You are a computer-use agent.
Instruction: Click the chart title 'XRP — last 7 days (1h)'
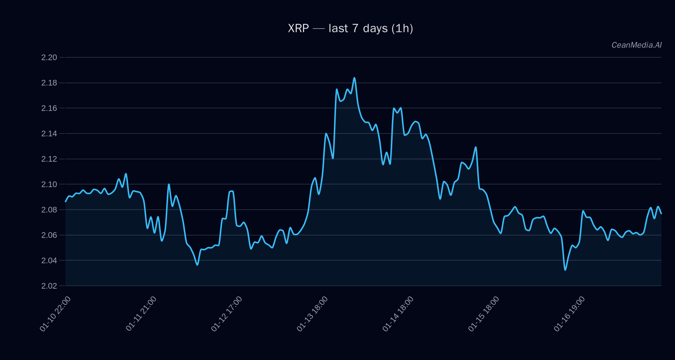(x=350, y=28)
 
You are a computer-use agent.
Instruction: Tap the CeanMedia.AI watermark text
(x=636, y=45)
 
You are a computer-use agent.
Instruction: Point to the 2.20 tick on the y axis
(x=49, y=57)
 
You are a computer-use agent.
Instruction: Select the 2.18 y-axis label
(x=49, y=83)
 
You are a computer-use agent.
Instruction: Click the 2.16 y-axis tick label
(x=49, y=108)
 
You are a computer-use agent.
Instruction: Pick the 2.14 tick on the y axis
(x=49, y=133)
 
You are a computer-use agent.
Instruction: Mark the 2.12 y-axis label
(x=49, y=159)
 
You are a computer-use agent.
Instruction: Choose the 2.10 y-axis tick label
(x=49, y=184)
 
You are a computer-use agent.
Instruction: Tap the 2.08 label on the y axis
(x=49, y=210)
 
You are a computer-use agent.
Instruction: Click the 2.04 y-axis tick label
(x=49, y=260)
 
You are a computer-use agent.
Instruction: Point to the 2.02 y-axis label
(x=49, y=286)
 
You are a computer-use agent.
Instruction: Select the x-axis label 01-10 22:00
(x=55, y=314)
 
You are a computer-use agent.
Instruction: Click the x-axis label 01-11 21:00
(x=141, y=314)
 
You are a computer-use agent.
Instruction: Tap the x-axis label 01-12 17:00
(x=226, y=314)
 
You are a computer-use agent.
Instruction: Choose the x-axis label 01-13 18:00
(x=312, y=314)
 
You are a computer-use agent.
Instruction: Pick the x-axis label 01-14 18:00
(x=398, y=314)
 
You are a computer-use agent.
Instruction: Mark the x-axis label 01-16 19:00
(x=569, y=314)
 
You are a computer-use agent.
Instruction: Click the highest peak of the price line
(x=354, y=78)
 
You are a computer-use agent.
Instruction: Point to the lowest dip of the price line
(x=565, y=270)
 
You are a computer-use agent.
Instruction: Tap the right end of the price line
(x=661, y=213)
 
